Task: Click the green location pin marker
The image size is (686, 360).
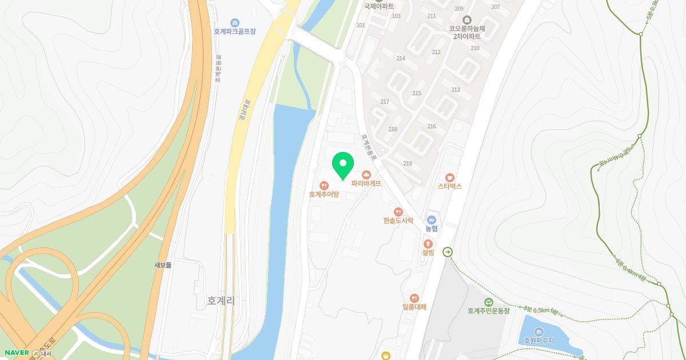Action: coord(343,165)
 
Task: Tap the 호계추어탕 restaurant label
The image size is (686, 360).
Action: coord(324,194)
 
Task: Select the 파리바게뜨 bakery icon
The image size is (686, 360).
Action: coord(366,174)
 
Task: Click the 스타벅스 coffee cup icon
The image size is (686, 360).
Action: coord(450,177)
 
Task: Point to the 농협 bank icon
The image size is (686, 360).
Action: coord(432,220)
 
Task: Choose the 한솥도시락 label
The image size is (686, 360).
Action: coord(398,220)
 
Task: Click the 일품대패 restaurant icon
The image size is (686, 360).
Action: coord(414,298)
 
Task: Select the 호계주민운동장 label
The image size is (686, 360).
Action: coord(488,311)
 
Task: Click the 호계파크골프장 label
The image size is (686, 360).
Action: coord(234,31)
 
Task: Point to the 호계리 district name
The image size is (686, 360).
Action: coord(221,301)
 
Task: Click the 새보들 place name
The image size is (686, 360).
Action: coord(163,265)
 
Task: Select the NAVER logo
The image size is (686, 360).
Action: coord(17,353)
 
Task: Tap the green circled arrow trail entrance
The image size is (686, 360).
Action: coord(448,251)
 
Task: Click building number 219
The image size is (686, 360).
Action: coord(408,163)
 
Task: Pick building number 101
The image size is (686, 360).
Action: coord(361,25)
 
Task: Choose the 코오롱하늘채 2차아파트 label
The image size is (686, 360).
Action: coord(464,31)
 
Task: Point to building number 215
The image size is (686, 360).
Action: coord(416,93)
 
